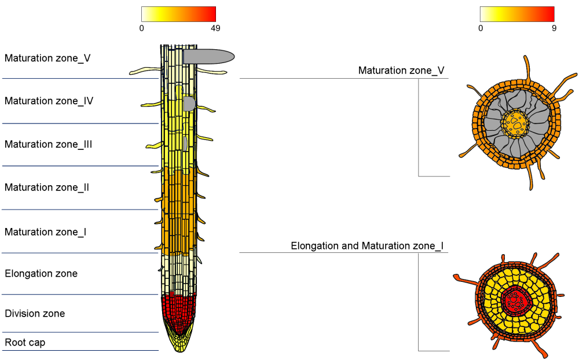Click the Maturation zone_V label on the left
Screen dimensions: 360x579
[47, 58]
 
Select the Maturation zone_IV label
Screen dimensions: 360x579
[49, 101]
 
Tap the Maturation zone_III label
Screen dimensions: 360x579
[48, 144]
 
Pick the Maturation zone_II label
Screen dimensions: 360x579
[46, 188]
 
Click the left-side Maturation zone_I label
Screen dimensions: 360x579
[45, 232]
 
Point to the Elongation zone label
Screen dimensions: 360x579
[41, 273]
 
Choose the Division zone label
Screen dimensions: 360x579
[35, 314]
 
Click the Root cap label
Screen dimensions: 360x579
[25, 343]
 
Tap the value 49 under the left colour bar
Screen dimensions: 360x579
[215, 28]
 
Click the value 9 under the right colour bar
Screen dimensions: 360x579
[554, 28]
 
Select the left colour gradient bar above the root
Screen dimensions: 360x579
[178, 14]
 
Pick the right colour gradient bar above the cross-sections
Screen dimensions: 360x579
[517, 14]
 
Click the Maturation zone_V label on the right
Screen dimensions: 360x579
[401, 71]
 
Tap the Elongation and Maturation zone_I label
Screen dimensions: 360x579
[367, 246]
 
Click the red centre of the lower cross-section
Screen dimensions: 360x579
[515, 300]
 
